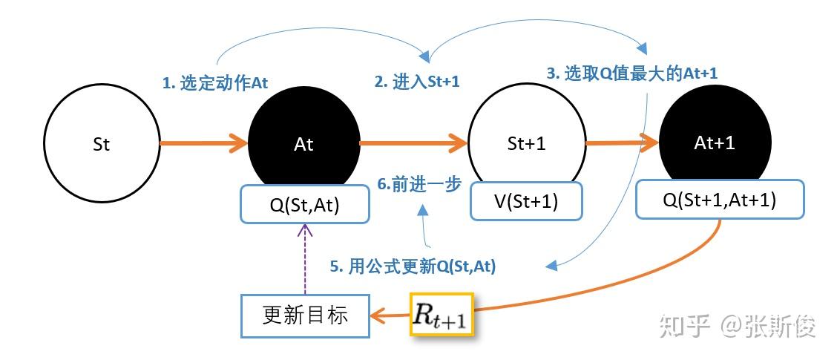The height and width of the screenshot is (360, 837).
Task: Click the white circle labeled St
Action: point(102,144)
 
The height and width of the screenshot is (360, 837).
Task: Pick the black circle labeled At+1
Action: point(714,134)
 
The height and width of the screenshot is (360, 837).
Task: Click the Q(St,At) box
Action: point(305,204)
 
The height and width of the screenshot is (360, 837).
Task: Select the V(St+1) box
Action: point(526,201)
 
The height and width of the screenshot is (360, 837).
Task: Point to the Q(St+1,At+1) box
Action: point(720,200)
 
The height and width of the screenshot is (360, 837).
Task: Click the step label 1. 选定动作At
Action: point(215,83)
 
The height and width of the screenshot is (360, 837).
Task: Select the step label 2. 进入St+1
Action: point(417,82)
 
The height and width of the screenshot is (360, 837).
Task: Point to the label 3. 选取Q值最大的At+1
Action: point(631,73)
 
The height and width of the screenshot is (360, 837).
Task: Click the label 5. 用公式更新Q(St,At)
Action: point(413,266)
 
